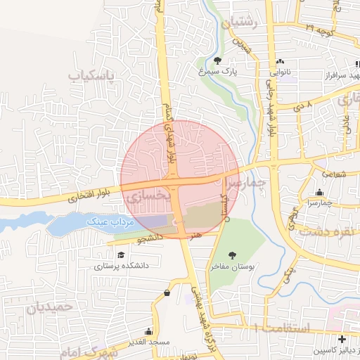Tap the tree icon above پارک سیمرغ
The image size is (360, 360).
click(218, 60)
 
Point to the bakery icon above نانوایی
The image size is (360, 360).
click(281, 61)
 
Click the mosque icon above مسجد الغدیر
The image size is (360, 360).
click(148, 330)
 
